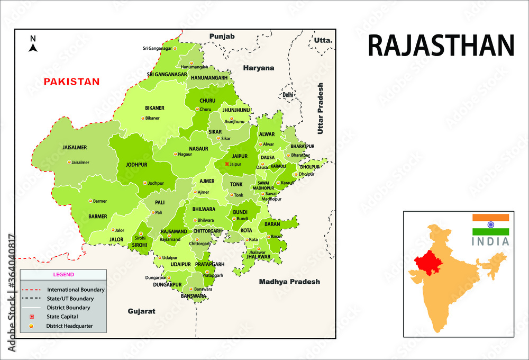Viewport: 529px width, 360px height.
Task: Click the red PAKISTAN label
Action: pos(71,82)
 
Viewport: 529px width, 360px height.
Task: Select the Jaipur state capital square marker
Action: pos(227,164)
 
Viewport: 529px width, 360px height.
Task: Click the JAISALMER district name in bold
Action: pos(74,147)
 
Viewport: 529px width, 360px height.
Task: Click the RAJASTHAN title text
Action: pos(440,46)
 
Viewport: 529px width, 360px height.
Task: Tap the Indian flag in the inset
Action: pos(490,224)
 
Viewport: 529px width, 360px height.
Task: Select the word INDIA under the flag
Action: pos(490,242)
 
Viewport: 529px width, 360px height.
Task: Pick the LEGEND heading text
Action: pos(63,275)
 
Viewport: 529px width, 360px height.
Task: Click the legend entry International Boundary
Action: pos(76,290)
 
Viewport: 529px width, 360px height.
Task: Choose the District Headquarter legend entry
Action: pos(69,326)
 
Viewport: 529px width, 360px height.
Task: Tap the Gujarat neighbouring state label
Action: pos(141,311)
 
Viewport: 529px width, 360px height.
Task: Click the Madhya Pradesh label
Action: pos(289,282)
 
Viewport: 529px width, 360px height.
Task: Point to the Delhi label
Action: pos(288,95)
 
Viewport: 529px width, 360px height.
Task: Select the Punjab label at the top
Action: pos(222,36)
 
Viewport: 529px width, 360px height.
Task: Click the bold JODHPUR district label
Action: pos(136,165)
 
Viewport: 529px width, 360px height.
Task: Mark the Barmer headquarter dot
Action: pos(90,201)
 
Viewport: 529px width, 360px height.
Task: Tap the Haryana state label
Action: pos(259,68)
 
